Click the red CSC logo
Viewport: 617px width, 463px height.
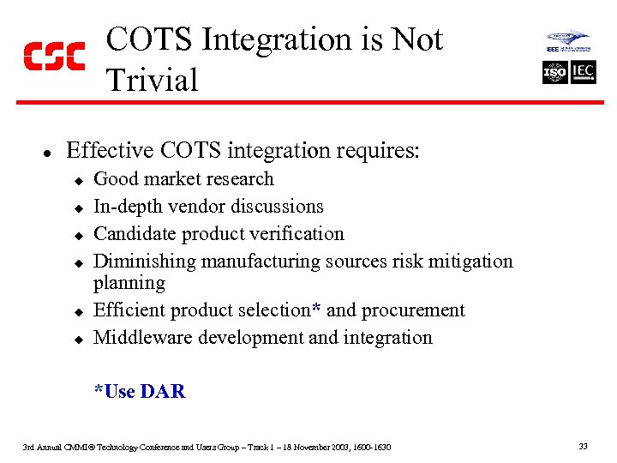pyautogui.click(x=53, y=56)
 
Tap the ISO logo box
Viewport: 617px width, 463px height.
pyautogui.click(x=555, y=72)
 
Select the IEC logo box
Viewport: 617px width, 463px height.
pyautogui.click(x=584, y=72)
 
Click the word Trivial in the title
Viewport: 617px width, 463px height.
pyautogui.click(x=152, y=81)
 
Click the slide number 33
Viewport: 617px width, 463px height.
pyautogui.click(x=583, y=447)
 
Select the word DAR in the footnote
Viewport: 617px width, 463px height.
pyautogui.click(x=163, y=392)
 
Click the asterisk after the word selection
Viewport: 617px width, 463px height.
pyautogui.click(x=317, y=308)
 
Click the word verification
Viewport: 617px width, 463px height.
pyautogui.click(x=301, y=234)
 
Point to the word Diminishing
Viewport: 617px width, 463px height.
pyautogui.click(x=141, y=262)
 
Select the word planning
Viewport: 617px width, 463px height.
pyautogui.click(x=129, y=283)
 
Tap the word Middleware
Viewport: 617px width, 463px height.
pyautogui.click(x=143, y=338)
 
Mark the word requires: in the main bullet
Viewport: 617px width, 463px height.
pyautogui.click(x=376, y=151)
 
